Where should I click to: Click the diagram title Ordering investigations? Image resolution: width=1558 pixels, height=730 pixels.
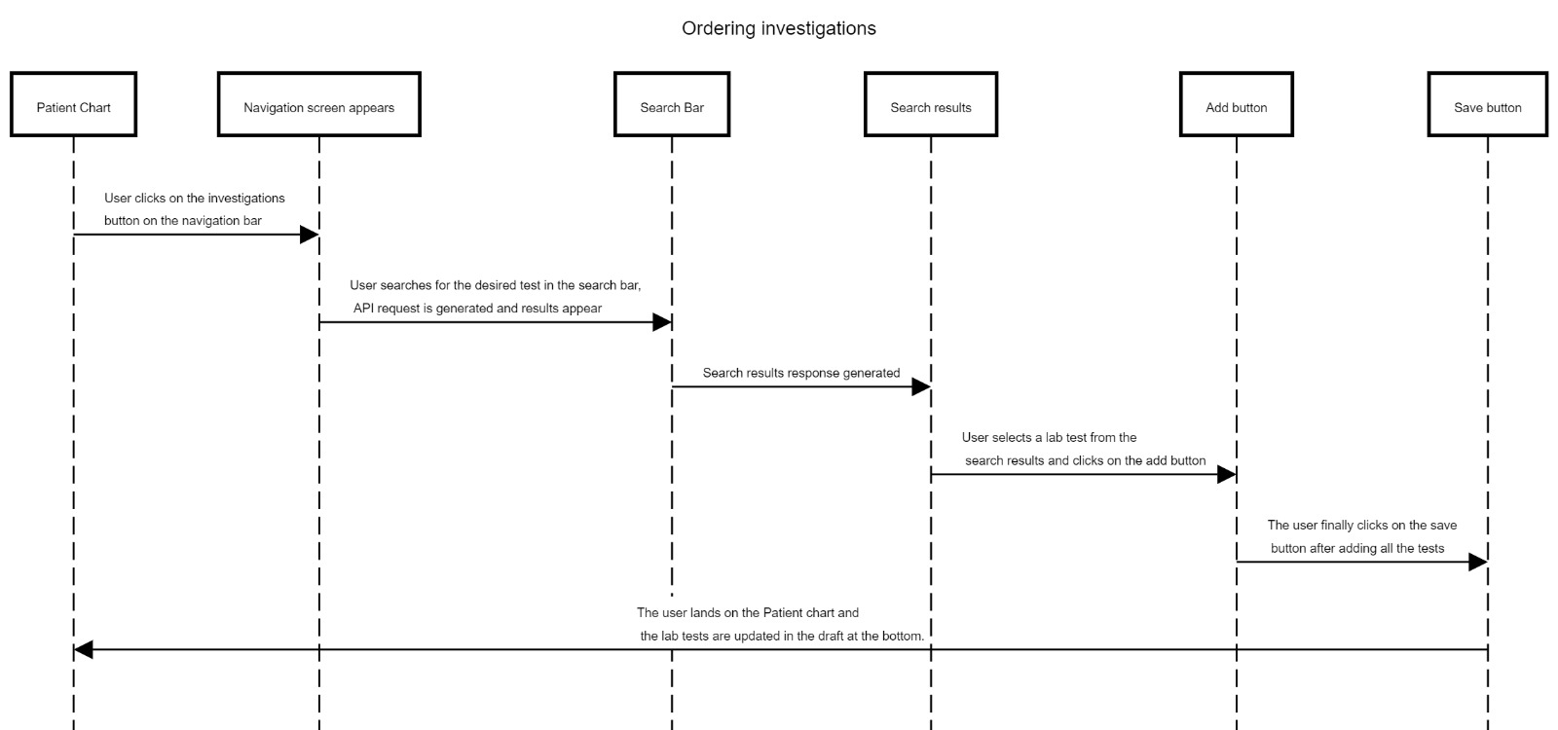(778, 28)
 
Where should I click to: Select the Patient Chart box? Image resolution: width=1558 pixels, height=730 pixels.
(73, 104)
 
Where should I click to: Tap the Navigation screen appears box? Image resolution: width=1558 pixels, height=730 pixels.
(318, 104)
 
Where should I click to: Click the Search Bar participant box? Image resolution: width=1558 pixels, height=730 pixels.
(671, 104)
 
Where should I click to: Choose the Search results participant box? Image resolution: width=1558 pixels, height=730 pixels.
(930, 104)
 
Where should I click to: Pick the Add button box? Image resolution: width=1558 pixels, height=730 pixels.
(1236, 104)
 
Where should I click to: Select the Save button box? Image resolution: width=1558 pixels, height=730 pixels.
(1487, 104)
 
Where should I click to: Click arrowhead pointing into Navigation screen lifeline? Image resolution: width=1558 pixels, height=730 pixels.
(309, 235)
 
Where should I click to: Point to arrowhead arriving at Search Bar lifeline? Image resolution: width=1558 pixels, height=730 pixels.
(661, 322)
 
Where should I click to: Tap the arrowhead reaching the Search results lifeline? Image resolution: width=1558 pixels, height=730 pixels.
(920, 387)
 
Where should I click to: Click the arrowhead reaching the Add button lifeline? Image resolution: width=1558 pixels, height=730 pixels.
(1226, 475)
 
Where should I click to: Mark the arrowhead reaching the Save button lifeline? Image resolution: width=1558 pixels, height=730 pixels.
(1477, 562)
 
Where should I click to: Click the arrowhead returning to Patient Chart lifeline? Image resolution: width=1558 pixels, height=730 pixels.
(84, 649)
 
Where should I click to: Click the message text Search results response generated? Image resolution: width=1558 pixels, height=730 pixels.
(800, 373)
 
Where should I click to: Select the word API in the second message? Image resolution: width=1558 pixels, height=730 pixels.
(364, 309)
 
